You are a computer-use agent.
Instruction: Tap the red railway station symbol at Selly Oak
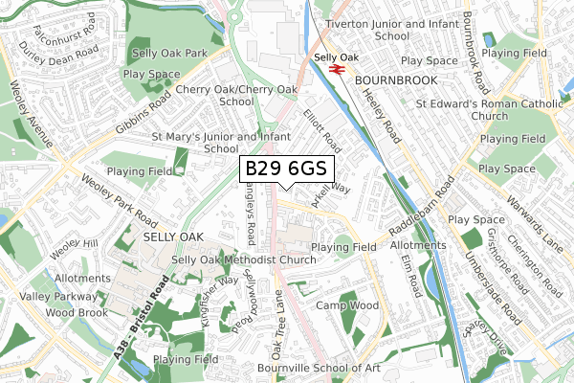[337, 69]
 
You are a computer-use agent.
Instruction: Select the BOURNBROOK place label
[395, 83]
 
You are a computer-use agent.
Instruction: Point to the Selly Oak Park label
[169, 55]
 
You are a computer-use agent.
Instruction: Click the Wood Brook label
[72, 312]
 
